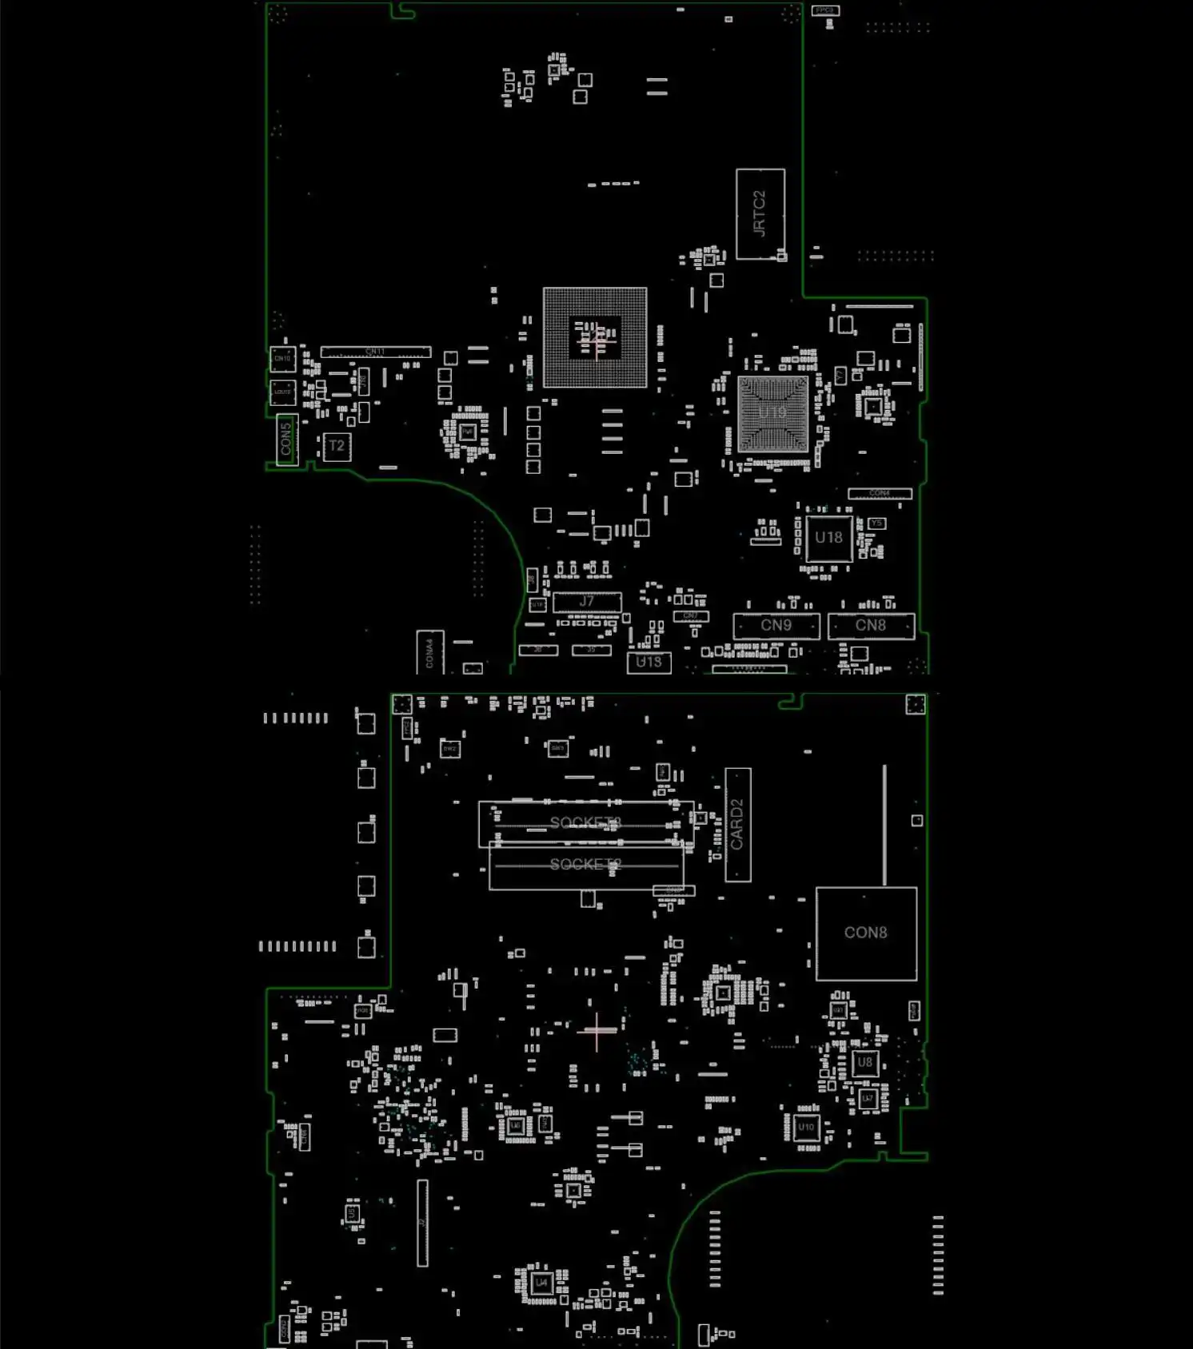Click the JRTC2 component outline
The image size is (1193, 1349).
[x=760, y=213]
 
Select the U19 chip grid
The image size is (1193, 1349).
[x=772, y=413]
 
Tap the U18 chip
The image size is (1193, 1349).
[x=828, y=538]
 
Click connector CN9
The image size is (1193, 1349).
[x=776, y=626]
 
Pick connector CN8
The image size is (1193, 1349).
[x=871, y=626]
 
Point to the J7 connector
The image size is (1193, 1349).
[x=587, y=602]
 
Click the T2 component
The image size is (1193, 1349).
[x=337, y=446]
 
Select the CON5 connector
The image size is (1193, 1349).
[x=286, y=439]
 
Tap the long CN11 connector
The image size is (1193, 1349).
[x=375, y=352]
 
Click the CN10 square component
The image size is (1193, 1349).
[x=282, y=359]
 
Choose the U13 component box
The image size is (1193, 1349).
[x=648, y=662]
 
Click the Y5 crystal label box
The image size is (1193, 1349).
[x=876, y=523]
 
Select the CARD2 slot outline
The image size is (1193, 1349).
[x=737, y=825]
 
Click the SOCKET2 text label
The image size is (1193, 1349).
[x=585, y=865]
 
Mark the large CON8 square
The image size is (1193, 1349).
[x=866, y=933]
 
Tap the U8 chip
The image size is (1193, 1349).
[x=864, y=1063]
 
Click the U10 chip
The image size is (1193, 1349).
[x=806, y=1128]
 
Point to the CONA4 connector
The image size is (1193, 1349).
[x=429, y=652]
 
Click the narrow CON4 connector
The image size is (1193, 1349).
[x=880, y=493]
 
